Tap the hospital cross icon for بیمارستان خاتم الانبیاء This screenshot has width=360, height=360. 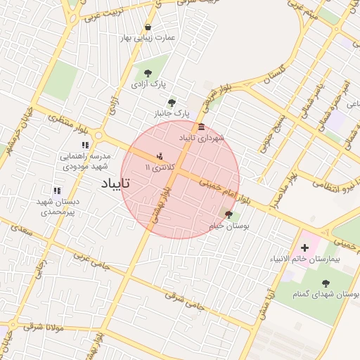point(304,247)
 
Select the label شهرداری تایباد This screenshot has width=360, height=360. point(202,137)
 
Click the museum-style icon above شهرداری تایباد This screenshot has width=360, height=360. point(202,127)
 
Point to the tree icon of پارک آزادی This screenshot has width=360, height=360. point(148,72)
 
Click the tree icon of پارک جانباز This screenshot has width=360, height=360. point(172,102)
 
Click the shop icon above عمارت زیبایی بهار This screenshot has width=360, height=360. point(148,27)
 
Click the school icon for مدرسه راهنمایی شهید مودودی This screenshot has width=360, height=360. point(86,146)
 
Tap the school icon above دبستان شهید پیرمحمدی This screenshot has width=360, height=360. point(57,191)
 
